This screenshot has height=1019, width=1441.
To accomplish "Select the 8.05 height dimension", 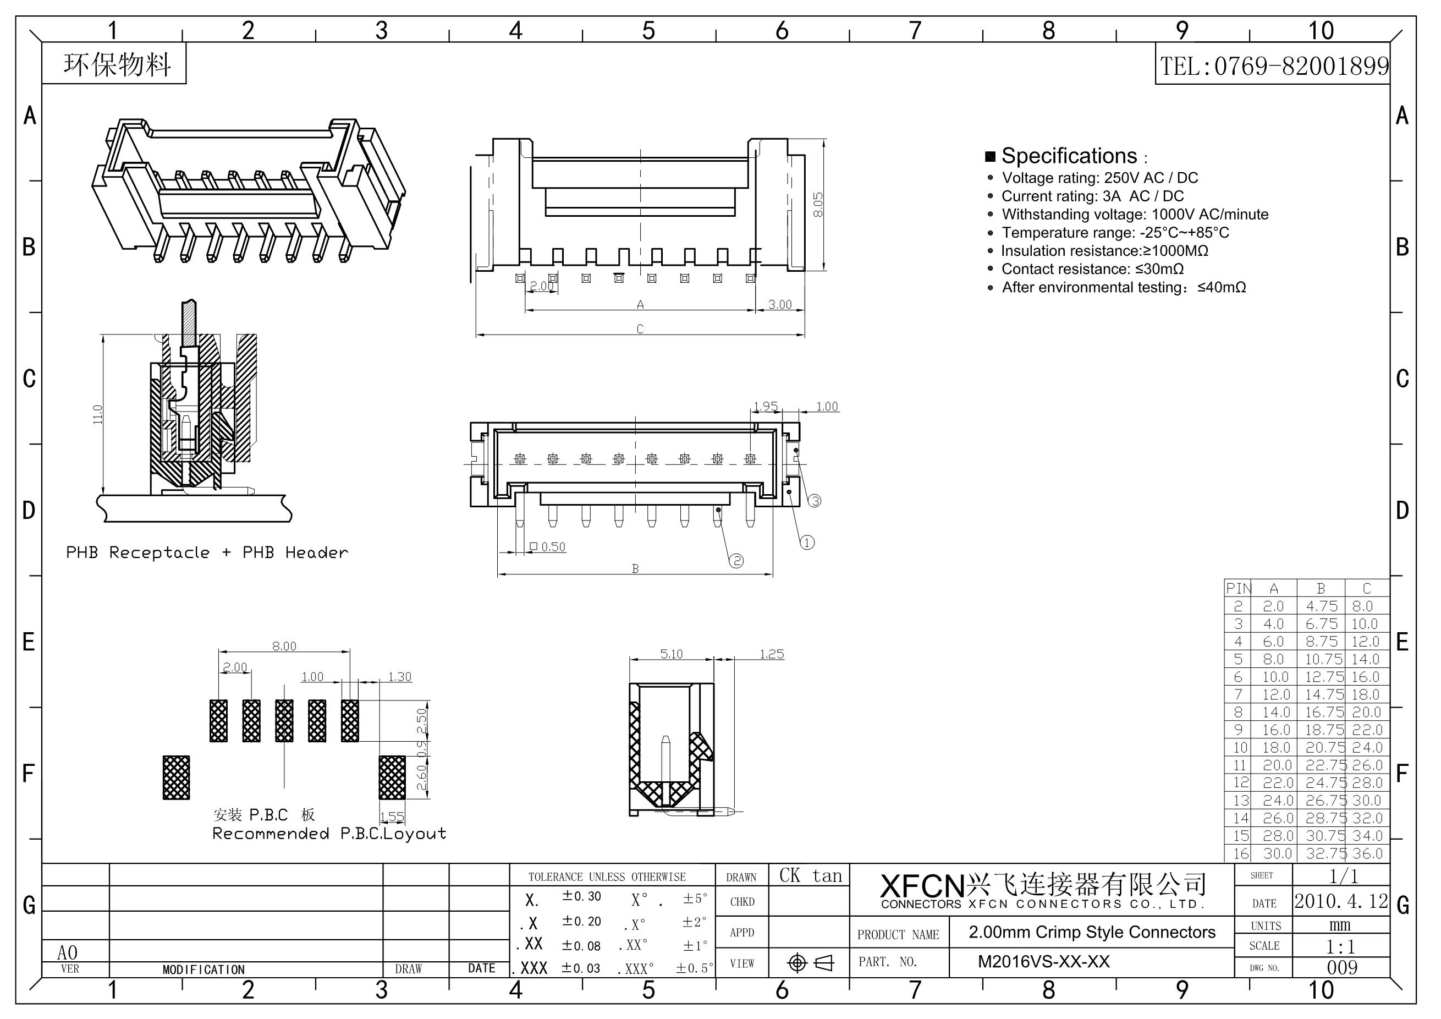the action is coord(818,205).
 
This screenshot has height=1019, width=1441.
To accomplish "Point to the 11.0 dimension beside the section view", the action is coord(97,414).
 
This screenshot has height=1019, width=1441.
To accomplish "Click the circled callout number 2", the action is coord(736,561).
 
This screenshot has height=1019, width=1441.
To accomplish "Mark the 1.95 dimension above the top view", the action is coord(766,406).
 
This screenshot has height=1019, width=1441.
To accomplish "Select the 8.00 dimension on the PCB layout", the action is coord(284,646).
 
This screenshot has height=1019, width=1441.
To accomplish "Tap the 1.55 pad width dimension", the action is coord(392,817).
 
